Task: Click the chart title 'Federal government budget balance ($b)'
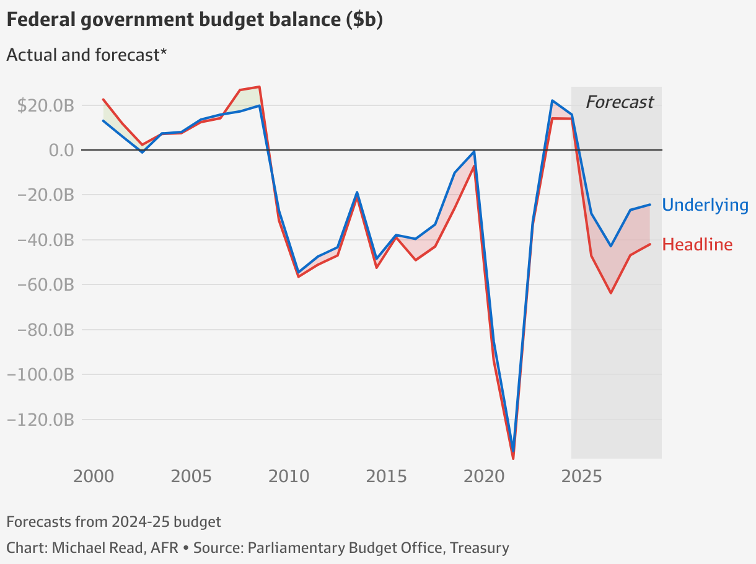[x=194, y=20]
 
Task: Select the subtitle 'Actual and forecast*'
[x=87, y=55]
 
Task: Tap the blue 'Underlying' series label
[x=705, y=205]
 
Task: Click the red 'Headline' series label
[x=697, y=245]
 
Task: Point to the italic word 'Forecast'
[x=619, y=102]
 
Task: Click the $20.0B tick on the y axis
[x=45, y=105]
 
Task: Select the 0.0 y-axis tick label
[x=60, y=150]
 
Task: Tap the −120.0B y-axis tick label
[x=40, y=420]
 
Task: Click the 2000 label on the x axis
[x=93, y=477]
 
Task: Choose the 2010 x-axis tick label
[x=289, y=477]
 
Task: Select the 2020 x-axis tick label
[x=484, y=477]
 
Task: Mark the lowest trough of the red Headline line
[x=513, y=458]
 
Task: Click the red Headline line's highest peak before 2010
[x=259, y=87]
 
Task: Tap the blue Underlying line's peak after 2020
[x=552, y=100]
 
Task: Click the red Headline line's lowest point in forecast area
[x=611, y=293]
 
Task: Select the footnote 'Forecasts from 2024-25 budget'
[x=113, y=522]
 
